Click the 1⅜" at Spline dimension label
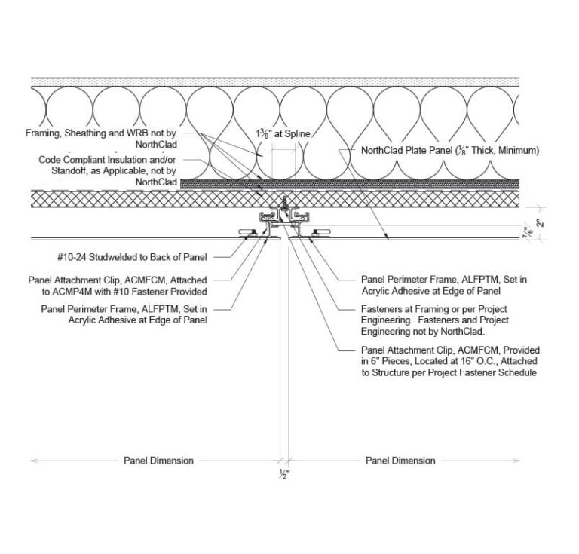(x=283, y=133)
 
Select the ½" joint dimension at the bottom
(x=284, y=474)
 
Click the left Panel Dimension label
(x=158, y=460)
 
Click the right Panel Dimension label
(x=400, y=460)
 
